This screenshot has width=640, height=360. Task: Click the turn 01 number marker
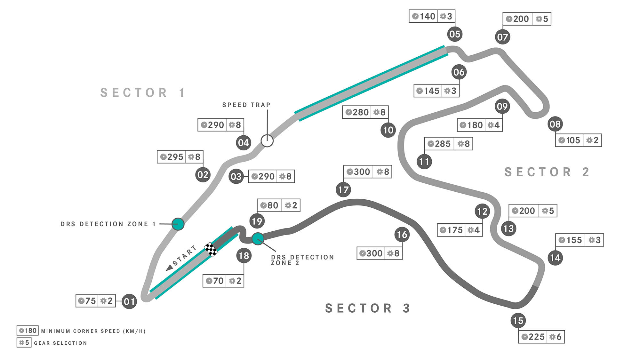pos(129,301)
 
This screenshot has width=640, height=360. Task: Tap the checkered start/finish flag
pos(211,249)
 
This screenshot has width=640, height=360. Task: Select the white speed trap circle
pos(267,140)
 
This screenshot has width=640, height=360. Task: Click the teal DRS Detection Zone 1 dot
pos(178,224)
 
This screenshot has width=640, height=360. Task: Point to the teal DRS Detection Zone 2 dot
pos(258,238)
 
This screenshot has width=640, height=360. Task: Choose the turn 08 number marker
pos(555,124)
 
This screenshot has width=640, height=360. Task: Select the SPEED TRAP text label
pos(246,105)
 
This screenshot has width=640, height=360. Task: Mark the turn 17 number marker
pos(343,190)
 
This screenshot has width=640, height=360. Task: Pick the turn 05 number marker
pos(455,34)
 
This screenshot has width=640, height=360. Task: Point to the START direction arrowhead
pos(169,268)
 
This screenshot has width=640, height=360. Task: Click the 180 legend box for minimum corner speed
pos(28,331)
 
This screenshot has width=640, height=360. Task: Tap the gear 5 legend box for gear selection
pos(24,343)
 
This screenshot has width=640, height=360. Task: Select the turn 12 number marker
pos(482,211)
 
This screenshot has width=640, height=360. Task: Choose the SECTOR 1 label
pos(143,93)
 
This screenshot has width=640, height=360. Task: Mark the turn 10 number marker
pos(388,130)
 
